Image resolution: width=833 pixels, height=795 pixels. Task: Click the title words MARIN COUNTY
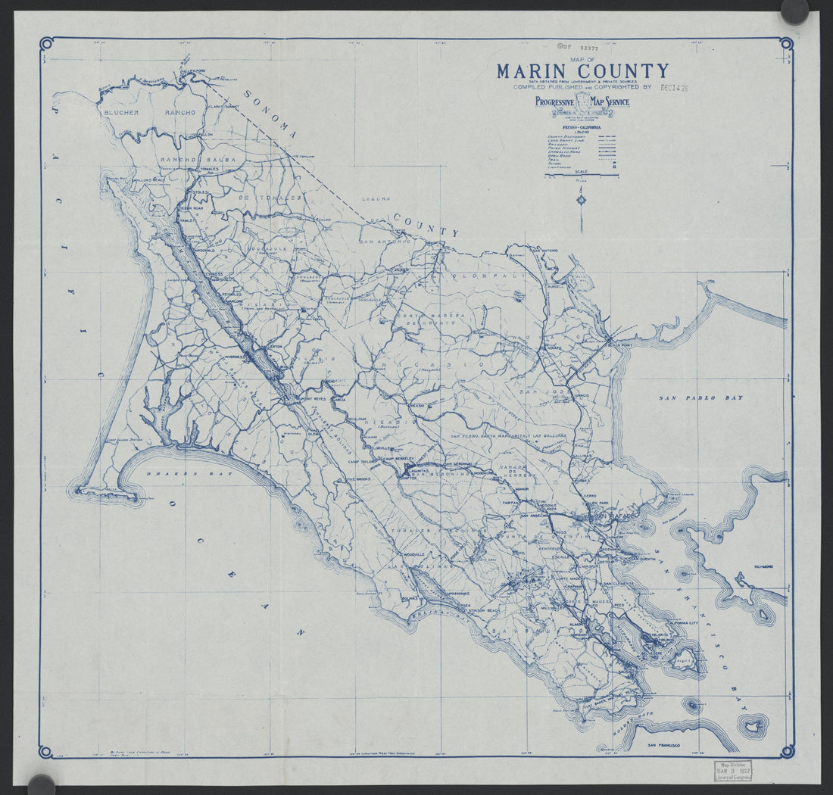(x=582, y=71)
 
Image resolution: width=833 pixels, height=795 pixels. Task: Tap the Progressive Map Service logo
(x=582, y=103)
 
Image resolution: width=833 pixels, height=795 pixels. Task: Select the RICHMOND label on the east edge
(x=763, y=566)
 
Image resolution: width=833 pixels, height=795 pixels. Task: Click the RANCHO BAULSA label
(x=192, y=160)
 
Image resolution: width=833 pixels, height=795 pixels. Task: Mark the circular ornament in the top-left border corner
(x=45, y=43)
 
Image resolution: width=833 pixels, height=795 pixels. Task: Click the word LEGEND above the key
(x=581, y=130)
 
